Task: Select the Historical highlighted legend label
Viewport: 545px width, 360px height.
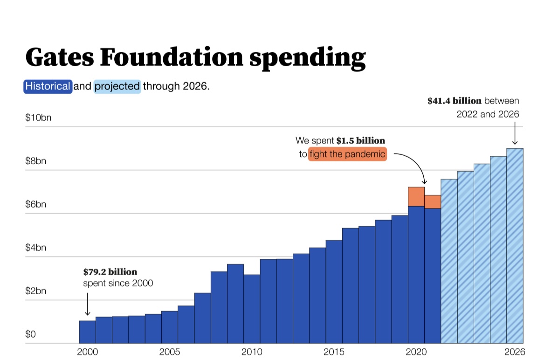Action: coord(48,87)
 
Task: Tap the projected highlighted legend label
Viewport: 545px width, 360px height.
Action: coord(117,87)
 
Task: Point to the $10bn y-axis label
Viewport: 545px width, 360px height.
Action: coord(38,118)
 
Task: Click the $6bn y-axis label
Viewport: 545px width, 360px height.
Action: coord(36,204)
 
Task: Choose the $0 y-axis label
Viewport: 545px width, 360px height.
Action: coord(30,334)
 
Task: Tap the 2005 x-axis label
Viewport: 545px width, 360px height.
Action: coord(170,352)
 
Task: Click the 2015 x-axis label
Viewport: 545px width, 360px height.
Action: coord(334,352)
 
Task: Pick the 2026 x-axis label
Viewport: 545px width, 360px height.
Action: coord(515,352)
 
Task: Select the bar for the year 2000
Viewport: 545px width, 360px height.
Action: coord(87,332)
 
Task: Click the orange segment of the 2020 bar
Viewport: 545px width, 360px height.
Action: coord(416,196)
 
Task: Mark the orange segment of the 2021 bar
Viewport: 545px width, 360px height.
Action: coord(433,202)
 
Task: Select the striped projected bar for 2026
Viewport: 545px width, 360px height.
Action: coord(515,246)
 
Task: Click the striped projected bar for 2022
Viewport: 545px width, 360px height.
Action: coord(449,261)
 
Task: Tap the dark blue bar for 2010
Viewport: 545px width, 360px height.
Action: coord(252,309)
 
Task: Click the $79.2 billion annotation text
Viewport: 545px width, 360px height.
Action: coord(110,272)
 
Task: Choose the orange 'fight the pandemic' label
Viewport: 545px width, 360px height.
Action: coord(348,154)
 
